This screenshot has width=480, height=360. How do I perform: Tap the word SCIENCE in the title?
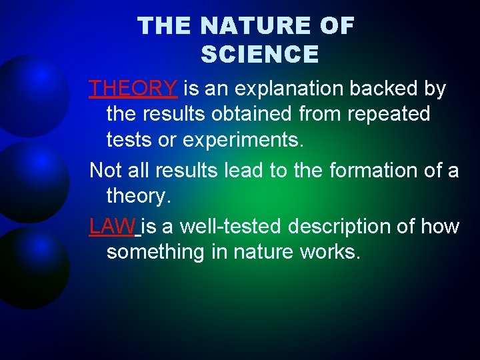(259, 54)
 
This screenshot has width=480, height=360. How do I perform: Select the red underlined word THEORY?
(133, 88)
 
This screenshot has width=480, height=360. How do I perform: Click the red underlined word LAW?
(113, 227)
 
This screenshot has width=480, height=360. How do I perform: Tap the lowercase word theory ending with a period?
(139, 197)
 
